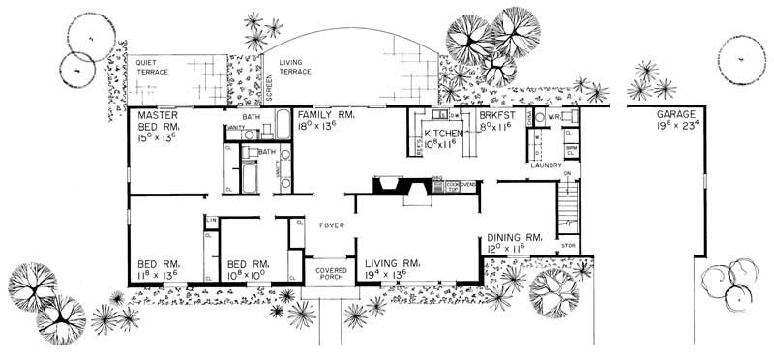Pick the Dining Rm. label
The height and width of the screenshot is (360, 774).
(512, 237)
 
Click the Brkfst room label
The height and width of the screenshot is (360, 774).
(500, 113)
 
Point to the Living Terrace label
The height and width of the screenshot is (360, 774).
(296, 66)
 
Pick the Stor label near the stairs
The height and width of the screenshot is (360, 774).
(568, 246)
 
